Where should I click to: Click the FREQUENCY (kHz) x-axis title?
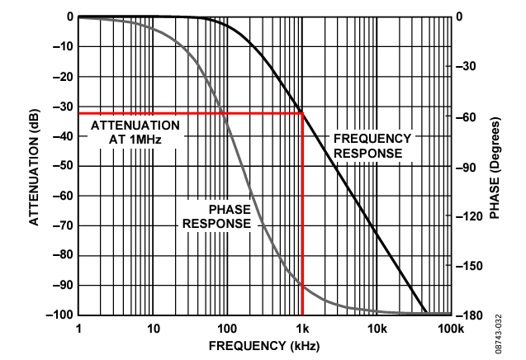coord(264,344)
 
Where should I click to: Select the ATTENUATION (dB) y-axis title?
coord(35,165)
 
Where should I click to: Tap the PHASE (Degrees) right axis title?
coord(495,165)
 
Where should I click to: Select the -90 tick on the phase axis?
coord(468,166)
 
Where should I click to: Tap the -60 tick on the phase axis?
coord(468,116)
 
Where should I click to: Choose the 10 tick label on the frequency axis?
coord(153,329)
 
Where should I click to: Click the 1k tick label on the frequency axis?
coord(302,329)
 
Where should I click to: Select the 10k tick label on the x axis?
coord(377,329)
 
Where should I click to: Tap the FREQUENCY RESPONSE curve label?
coord(372,145)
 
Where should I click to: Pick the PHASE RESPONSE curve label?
coord(217,216)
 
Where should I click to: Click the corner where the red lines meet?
coord(303,113)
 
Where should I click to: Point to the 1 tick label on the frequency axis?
coord(78,329)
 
